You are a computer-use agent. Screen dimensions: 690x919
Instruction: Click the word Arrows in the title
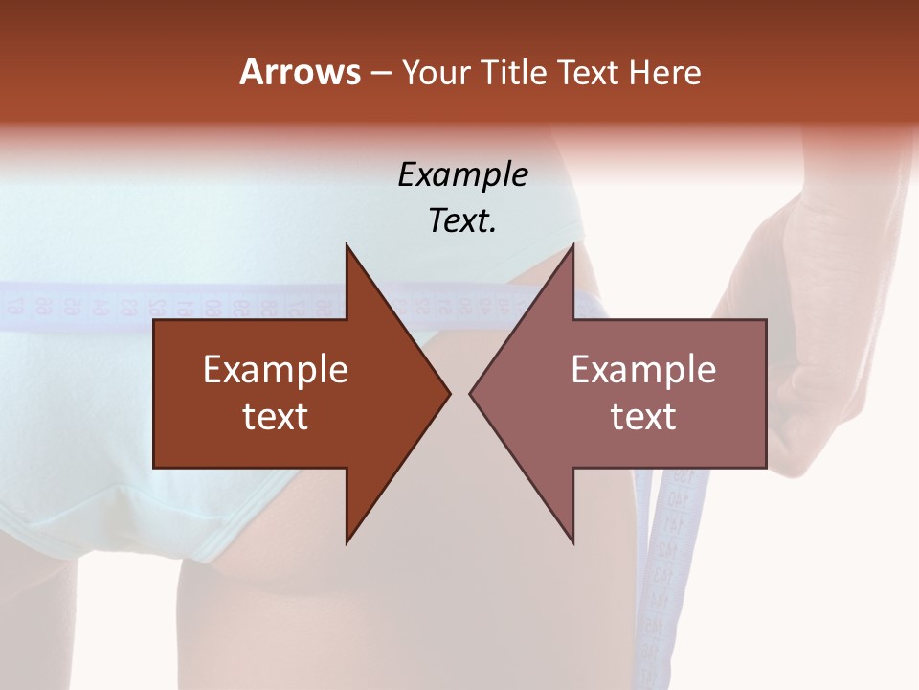click(300, 72)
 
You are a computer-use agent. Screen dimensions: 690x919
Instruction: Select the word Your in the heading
click(435, 72)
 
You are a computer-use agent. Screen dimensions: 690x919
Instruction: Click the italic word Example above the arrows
click(462, 174)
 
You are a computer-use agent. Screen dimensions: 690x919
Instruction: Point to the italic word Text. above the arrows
click(462, 220)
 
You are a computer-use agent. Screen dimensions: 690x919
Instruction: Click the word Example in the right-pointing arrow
click(276, 369)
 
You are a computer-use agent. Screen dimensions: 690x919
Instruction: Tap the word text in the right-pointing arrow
click(276, 416)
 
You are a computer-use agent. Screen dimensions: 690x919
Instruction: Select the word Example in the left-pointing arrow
click(643, 369)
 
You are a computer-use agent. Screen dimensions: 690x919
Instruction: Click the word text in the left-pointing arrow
click(643, 416)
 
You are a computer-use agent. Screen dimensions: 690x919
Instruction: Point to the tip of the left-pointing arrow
click(473, 393)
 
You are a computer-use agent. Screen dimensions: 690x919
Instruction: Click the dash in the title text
click(380, 73)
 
